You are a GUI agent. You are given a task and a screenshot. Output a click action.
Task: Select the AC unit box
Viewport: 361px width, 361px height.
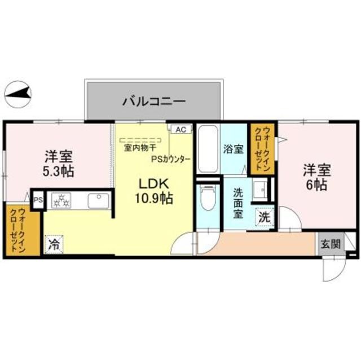coord(180,129)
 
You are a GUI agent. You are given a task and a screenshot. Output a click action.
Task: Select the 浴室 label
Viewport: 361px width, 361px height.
coord(234,149)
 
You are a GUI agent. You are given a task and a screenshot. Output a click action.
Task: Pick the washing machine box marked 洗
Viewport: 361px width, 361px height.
coord(263,216)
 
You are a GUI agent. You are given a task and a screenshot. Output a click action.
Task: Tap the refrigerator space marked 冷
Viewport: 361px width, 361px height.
coord(54,244)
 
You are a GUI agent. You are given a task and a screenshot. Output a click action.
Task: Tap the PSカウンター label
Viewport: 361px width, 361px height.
coord(170,159)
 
